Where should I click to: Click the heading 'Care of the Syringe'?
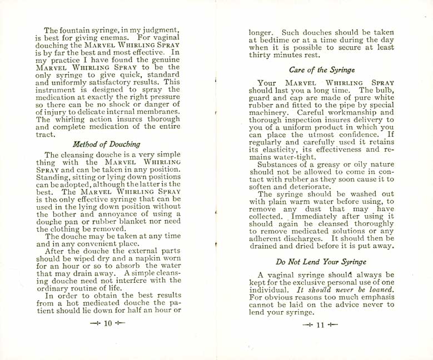(x=322, y=70)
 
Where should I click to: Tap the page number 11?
(x=320, y=326)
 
